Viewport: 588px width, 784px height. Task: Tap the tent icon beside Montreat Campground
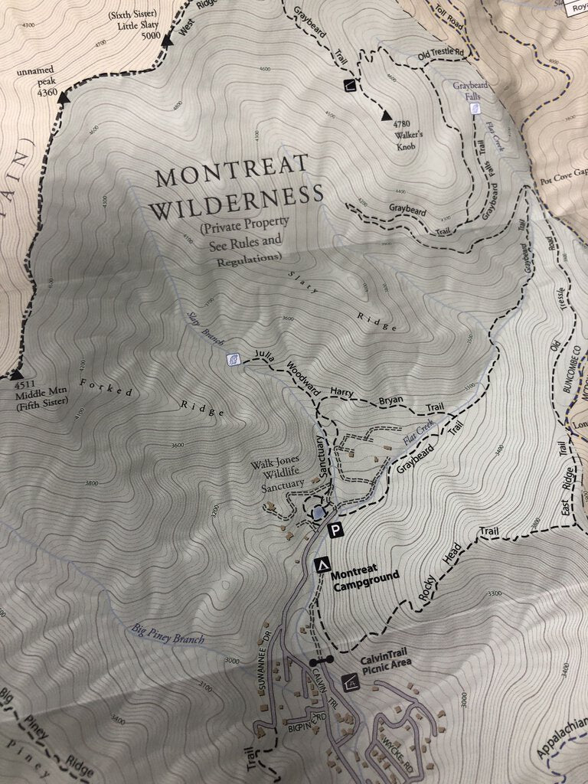[322, 565]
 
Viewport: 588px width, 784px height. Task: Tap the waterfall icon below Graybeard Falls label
[475, 108]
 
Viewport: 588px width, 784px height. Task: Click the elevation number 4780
[403, 123]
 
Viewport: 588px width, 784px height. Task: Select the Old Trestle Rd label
[441, 54]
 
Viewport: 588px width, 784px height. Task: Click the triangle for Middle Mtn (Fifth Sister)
[15, 375]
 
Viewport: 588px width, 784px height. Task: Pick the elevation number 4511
[24, 386]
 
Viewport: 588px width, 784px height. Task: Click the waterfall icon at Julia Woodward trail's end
[233, 359]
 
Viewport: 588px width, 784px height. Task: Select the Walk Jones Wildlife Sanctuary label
[277, 475]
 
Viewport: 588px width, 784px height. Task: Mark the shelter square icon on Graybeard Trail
[349, 85]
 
